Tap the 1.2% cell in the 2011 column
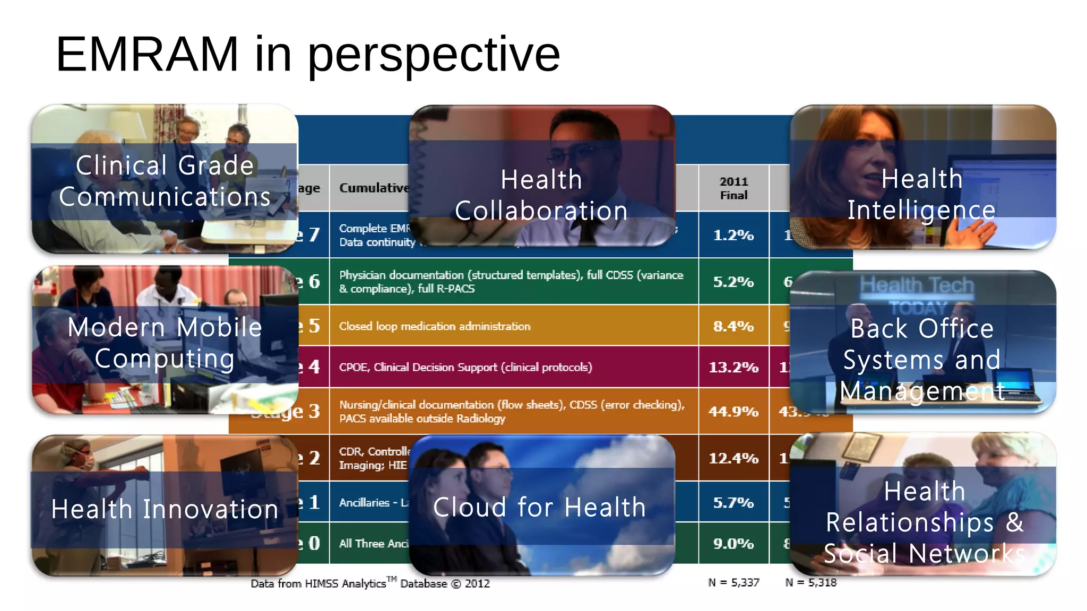click(x=733, y=235)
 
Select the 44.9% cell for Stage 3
click(x=733, y=411)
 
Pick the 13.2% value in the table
click(x=733, y=367)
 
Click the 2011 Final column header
click(x=734, y=188)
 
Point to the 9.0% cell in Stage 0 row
click(x=733, y=543)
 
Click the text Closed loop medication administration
click(x=435, y=326)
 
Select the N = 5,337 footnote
click(x=734, y=582)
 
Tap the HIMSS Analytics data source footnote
click(x=370, y=583)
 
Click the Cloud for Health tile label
click(x=539, y=507)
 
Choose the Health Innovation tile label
click(x=165, y=509)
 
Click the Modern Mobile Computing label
click(x=165, y=343)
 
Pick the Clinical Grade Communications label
click(x=165, y=181)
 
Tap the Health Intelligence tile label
click(x=921, y=194)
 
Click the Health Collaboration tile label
click(x=541, y=195)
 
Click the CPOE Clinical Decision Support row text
click(x=465, y=367)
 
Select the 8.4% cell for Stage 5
click(x=733, y=326)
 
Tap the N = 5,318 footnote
click(x=810, y=582)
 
